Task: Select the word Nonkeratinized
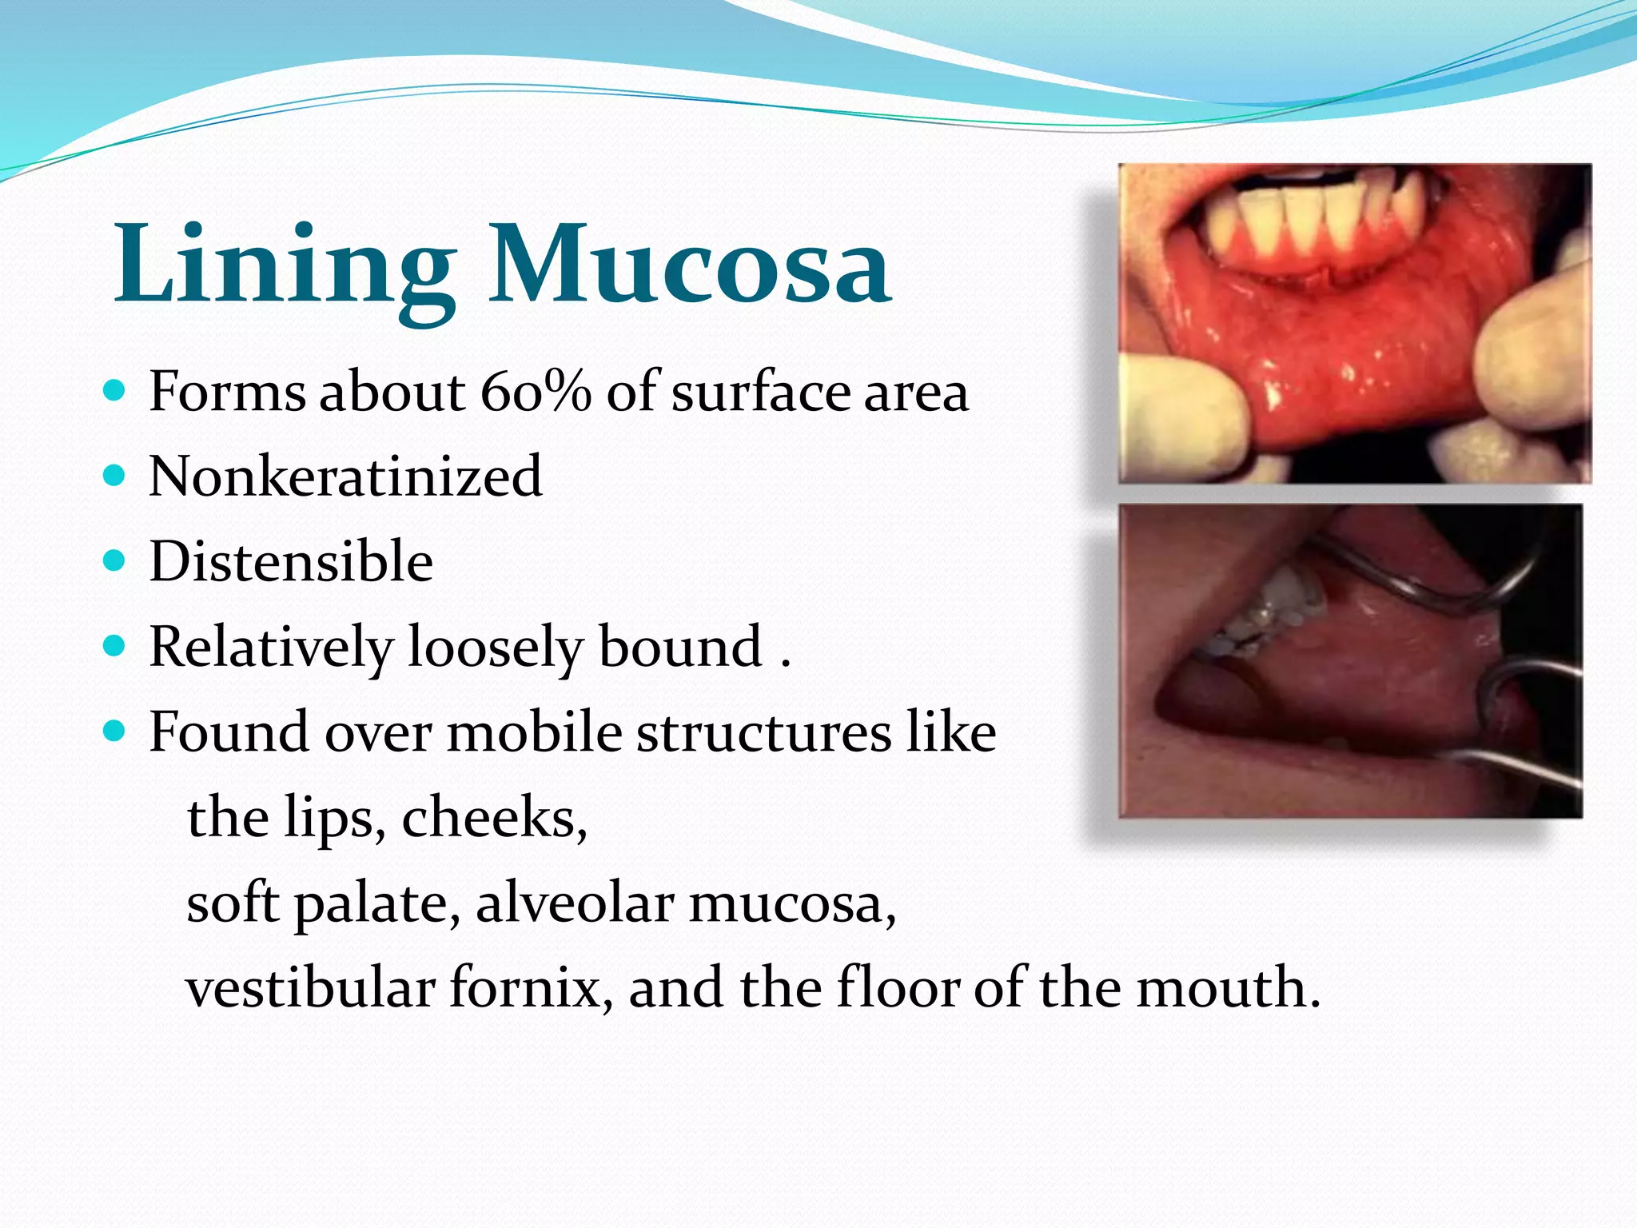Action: click(x=345, y=477)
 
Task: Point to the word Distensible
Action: click(x=291, y=562)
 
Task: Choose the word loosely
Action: click(x=496, y=647)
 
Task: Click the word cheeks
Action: click(x=494, y=818)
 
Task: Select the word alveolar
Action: click(x=575, y=903)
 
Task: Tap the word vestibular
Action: click(x=310, y=988)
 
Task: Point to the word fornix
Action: click(x=532, y=988)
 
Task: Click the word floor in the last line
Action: click(x=897, y=988)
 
